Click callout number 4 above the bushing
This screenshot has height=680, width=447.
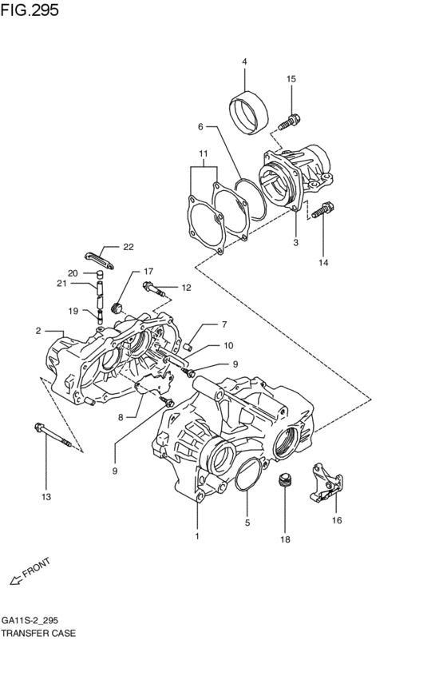pos(244,62)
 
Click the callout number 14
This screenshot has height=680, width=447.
pos(323,261)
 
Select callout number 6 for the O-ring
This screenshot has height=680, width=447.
pos(201,126)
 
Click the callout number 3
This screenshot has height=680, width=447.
pos(295,242)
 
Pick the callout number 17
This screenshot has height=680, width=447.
pos(148,272)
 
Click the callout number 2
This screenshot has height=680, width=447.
pos(38,330)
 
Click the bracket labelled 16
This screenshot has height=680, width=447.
pos(326,486)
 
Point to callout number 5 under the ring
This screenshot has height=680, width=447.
pos(247,523)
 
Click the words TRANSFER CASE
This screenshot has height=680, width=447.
pos(39,633)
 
